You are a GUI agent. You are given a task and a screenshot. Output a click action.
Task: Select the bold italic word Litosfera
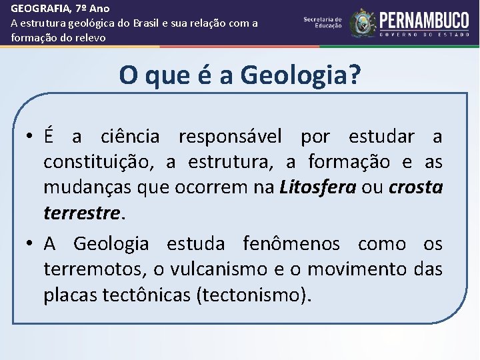tap(317, 187)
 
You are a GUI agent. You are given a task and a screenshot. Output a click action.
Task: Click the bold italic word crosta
tap(415, 187)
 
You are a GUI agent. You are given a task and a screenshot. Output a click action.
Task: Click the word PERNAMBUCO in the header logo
tap(424, 20)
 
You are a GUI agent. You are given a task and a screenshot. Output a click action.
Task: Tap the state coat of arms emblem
tap(363, 23)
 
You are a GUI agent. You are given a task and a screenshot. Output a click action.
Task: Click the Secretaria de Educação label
tap(323, 23)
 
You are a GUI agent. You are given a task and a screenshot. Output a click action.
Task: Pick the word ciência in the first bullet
tap(130, 137)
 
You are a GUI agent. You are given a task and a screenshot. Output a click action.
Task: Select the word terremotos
tap(95, 269)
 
